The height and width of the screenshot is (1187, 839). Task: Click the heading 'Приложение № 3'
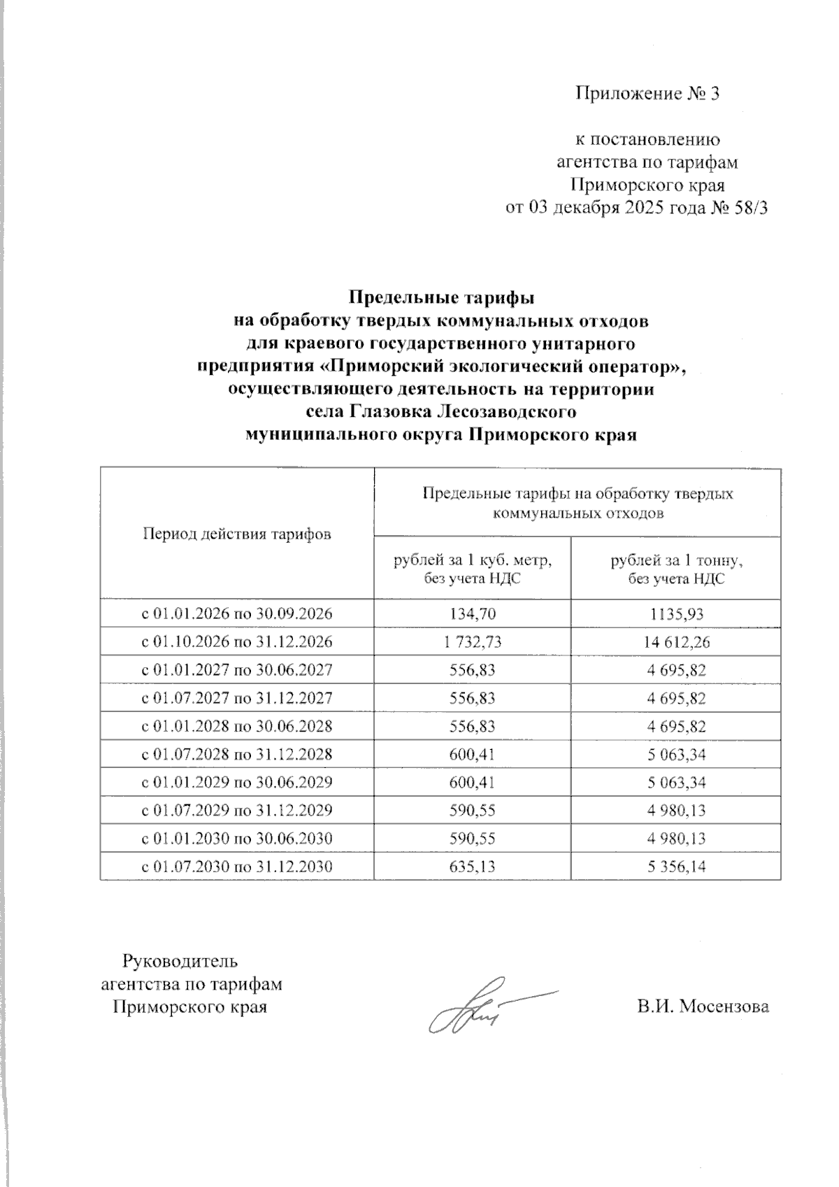coord(647,94)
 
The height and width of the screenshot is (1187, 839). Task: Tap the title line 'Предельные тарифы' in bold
coord(441,298)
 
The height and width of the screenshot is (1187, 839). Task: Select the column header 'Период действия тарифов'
coord(236,534)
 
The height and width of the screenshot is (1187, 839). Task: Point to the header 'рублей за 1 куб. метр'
coord(473,560)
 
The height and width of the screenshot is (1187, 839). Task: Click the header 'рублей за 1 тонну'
coord(675,560)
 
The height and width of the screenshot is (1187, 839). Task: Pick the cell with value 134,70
coord(473,614)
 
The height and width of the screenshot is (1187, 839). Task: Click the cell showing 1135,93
coord(675,614)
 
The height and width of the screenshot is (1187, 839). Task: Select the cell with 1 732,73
coord(473,642)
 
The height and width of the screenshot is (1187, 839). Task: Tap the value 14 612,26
coord(675,642)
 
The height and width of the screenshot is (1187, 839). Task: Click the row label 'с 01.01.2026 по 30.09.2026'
coord(237,614)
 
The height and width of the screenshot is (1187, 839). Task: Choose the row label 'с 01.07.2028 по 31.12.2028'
coord(237,755)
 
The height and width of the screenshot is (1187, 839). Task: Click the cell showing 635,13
coord(473,867)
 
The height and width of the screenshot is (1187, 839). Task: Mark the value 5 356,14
coord(675,867)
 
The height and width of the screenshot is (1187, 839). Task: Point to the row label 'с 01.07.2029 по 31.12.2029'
coord(237,811)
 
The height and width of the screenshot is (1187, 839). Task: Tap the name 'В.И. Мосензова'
coord(703,1008)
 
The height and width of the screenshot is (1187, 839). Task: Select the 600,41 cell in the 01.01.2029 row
coord(473,783)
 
